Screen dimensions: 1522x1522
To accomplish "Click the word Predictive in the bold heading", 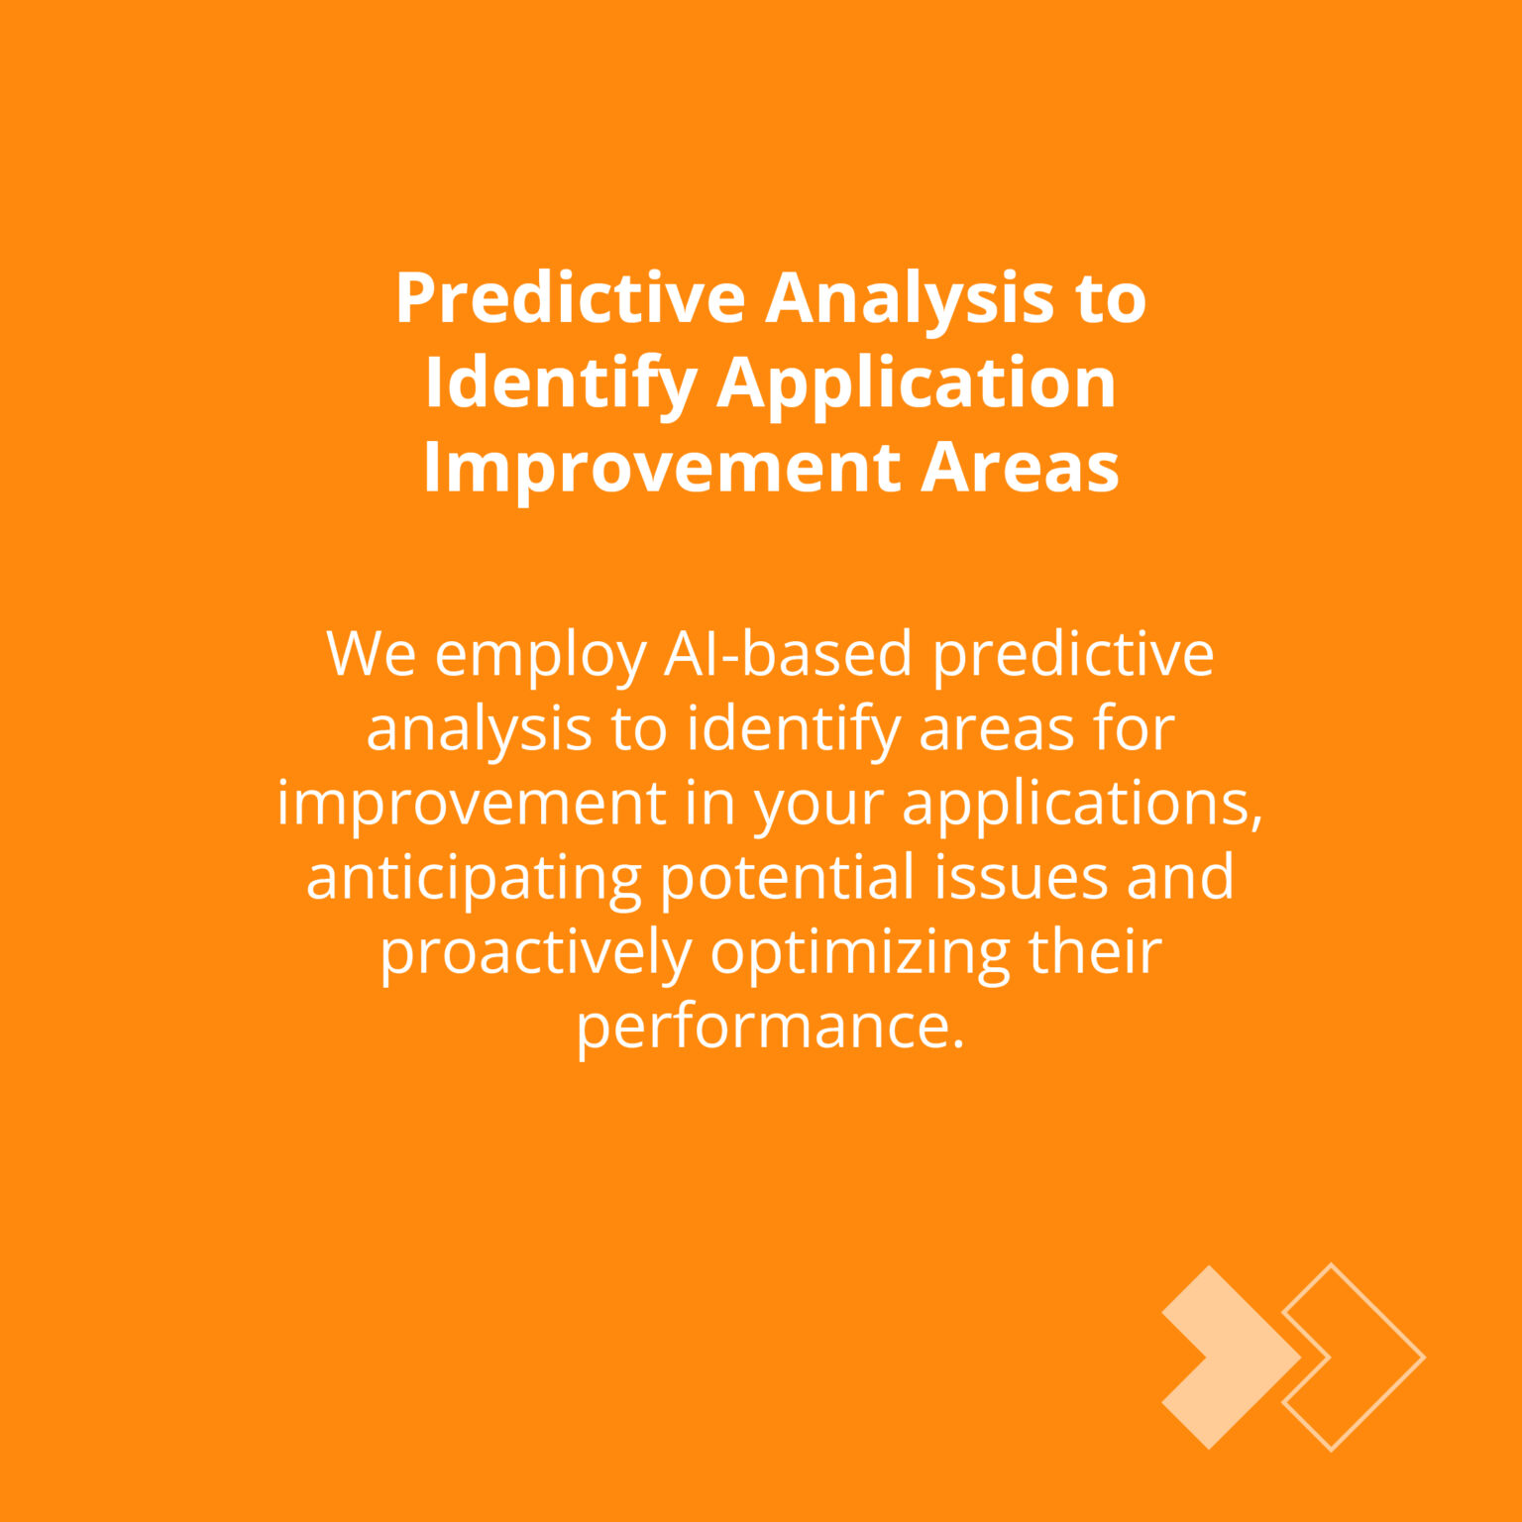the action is pyautogui.click(x=571, y=297).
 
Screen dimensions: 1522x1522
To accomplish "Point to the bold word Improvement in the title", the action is pyautogui.click(x=662, y=468).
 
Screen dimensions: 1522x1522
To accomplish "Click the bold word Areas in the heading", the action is pyautogui.click(x=1020, y=468).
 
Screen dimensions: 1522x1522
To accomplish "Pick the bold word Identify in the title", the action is pyautogui.click(x=561, y=384).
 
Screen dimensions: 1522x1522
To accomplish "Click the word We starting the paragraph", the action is pyautogui.click(x=372, y=654).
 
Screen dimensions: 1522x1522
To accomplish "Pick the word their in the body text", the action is pyautogui.click(x=1095, y=950).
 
